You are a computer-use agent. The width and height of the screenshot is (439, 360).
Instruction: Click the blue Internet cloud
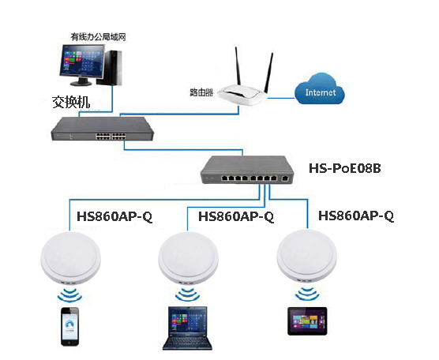click(320, 88)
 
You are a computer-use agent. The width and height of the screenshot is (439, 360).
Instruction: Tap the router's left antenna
click(238, 66)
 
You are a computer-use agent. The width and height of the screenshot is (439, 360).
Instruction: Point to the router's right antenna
click(268, 73)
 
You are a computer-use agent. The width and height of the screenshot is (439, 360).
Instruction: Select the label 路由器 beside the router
click(201, 92)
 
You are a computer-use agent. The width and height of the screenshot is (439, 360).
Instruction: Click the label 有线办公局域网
click(98, 37)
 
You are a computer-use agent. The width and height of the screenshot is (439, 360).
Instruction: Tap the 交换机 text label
click(71, 102)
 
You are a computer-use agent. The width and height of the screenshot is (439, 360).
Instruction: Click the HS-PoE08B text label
click(345, 168)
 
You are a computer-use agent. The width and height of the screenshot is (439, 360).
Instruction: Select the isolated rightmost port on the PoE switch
click(285, 178)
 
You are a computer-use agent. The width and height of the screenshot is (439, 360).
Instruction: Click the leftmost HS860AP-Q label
click(114, 216)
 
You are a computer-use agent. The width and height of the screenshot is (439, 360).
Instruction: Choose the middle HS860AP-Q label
click(236, 216)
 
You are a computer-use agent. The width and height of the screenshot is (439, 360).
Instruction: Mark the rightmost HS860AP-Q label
click(356, 216)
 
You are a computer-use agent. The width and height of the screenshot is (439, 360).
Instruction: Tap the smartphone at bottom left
click(70, 326)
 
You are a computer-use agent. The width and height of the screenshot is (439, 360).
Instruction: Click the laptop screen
click(188, 321)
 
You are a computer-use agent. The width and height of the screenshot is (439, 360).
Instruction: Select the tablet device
click(307, 321)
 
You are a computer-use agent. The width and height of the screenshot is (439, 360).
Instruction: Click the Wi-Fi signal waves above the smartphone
click(69, 294)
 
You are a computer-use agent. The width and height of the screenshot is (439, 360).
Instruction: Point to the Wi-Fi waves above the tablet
click(307, 294)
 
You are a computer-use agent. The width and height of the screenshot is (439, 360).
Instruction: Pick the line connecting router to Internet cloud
click(281, 98)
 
